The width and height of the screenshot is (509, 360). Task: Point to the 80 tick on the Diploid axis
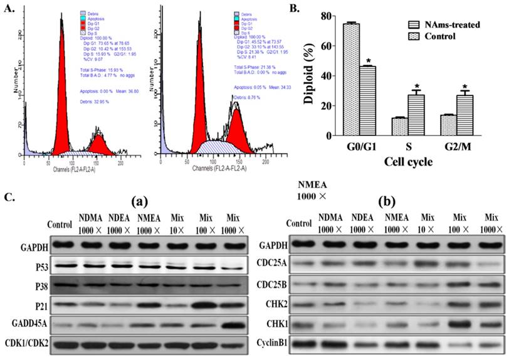pyautogui.click(x=330, y=17)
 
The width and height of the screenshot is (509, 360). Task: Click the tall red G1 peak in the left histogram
pyautogui.click(x=61, y=94)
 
